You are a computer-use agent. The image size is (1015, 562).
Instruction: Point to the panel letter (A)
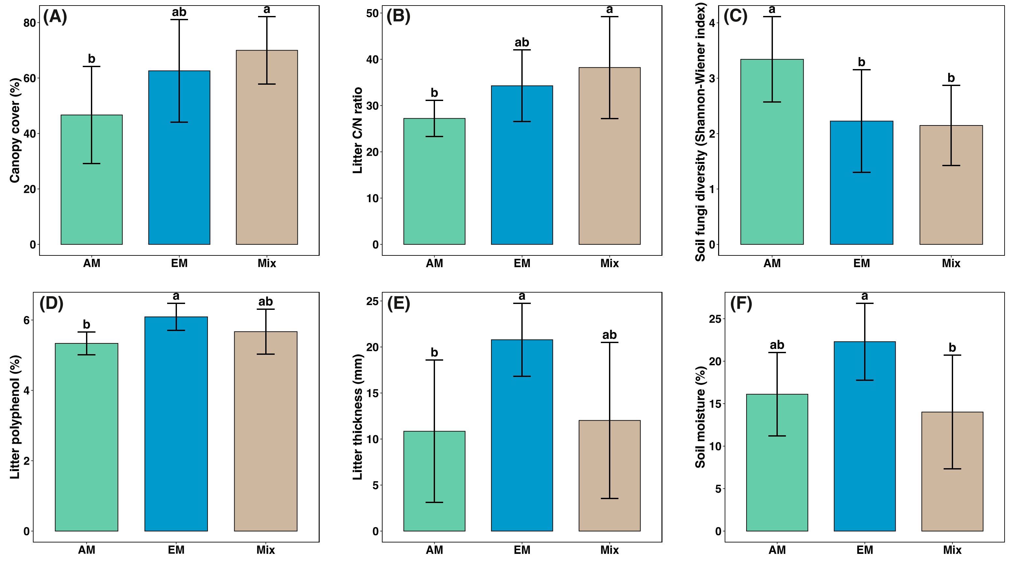click(x=55, y=17)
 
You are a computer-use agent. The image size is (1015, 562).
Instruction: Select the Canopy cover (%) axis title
click(x=15, y=130)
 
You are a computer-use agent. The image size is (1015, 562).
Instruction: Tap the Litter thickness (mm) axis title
click(x=357, y=417)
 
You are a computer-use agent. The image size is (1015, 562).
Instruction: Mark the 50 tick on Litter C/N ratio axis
click(x=372, y=13)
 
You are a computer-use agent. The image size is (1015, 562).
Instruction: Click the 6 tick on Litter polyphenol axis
click(x=26, y=320)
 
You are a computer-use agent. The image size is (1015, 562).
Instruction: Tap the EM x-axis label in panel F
click(x=864, y=550)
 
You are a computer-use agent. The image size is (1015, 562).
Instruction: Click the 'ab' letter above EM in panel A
click(x=179, y=12)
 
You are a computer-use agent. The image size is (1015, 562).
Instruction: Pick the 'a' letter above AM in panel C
click(x=772, y=9)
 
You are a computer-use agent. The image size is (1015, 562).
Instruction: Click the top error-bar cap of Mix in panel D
click(x=266, y=309)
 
